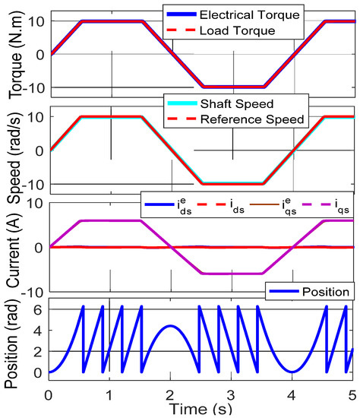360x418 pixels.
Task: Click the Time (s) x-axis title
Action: tap(201, 410)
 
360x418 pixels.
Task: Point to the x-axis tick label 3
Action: tap(232, 394)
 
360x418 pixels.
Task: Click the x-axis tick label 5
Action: tap(352, 394)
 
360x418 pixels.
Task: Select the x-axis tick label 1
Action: tap(109, 394)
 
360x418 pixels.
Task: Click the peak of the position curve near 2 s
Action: tap(170, 326)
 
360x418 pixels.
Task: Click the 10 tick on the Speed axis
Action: tap(33, 116)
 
